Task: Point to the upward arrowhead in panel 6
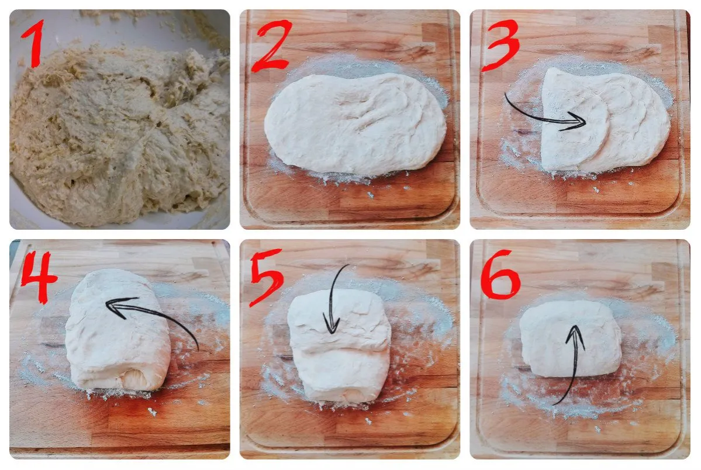[x=575, y=334]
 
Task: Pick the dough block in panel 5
[x=339, y=351]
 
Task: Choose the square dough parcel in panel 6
[x=570, y=339]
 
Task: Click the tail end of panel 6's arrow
[x=554, y=404]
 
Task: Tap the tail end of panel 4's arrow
[x=198, y=350]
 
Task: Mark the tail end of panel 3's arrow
[x=506, y=95]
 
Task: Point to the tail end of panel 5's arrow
[x=348, y=265]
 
